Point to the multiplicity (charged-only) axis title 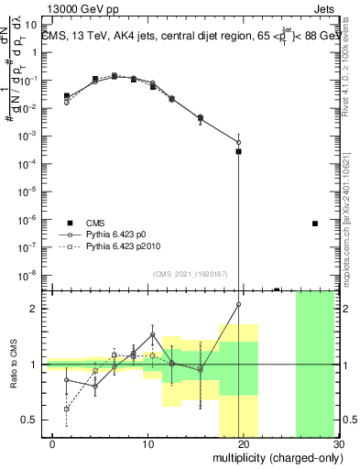pos(276,455)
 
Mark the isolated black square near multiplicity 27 pos(315,224)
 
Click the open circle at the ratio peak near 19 pos(238,304)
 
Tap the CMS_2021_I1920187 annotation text pos(190,274)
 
